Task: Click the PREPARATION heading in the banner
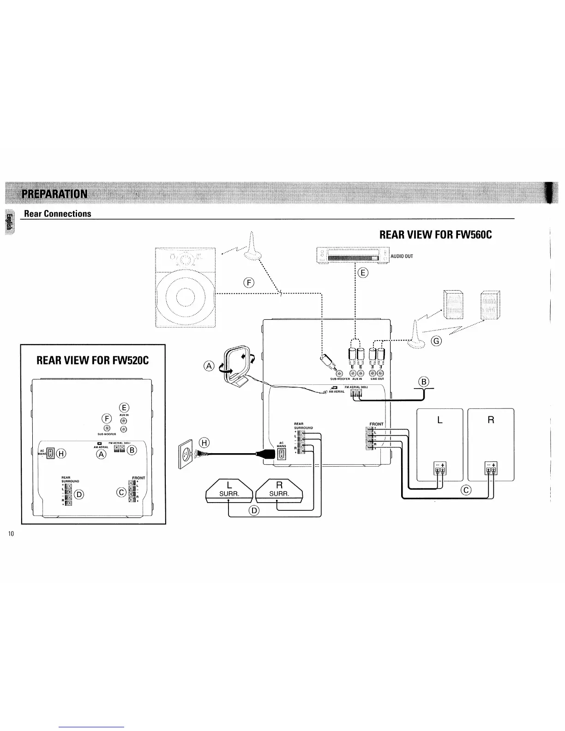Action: tap(54, 193)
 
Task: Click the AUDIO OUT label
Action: tap(402, 256)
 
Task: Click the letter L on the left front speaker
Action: tap(439, 420)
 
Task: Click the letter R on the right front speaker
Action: tap(491, 420)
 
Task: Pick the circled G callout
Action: tap(436, 341)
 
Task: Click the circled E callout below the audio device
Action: tap(363, 273)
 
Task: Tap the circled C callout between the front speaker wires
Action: tap(466, 490)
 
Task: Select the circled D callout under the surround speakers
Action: tap(254, 510)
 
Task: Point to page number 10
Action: tap(12, 534)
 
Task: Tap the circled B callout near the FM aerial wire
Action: tap(423, 382)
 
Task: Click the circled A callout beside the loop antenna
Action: tap(209, 366)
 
